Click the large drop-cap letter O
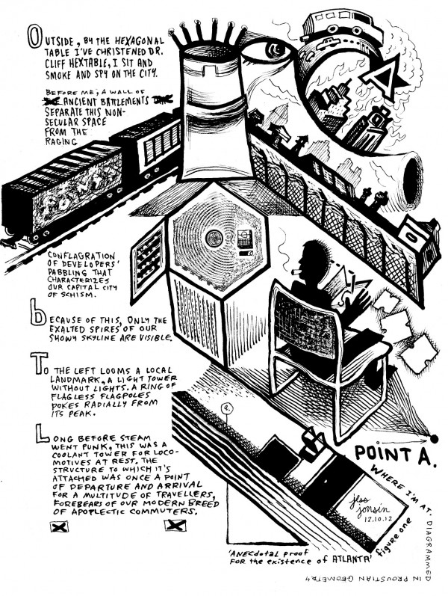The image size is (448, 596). (32, 40)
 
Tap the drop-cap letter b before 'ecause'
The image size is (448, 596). (34, 317)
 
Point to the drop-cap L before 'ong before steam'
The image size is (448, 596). (31, 433)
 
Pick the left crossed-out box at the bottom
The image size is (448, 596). (54, 526)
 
